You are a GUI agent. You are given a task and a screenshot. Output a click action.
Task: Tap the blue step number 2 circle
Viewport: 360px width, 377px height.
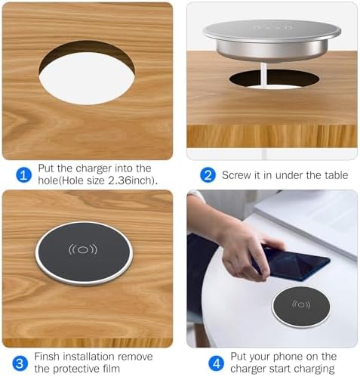pyautogui.click(x=208, y=175)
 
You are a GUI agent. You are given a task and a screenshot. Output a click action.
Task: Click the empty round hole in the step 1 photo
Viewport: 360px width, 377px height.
pyautogui.click(x=87, y=73)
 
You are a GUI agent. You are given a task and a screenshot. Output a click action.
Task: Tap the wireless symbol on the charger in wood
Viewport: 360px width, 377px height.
pyautogui.click(x=83, y=249)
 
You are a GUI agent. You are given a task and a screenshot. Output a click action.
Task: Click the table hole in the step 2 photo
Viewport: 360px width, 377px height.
pyautogui.click(x=264, y=79)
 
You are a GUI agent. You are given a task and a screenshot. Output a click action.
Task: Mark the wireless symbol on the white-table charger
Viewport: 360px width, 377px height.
pyautogui.click(x=301, y=304)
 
